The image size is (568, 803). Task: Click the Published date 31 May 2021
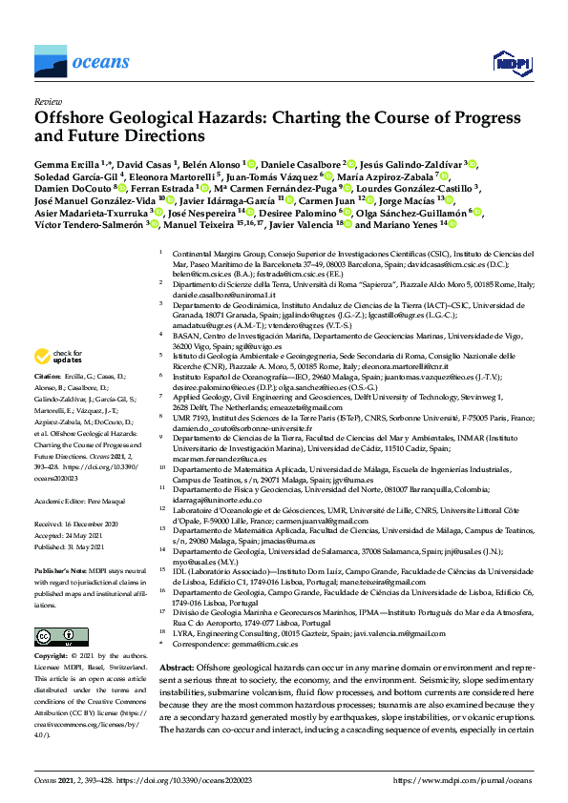pyautogui.click(x=87, y=546)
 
